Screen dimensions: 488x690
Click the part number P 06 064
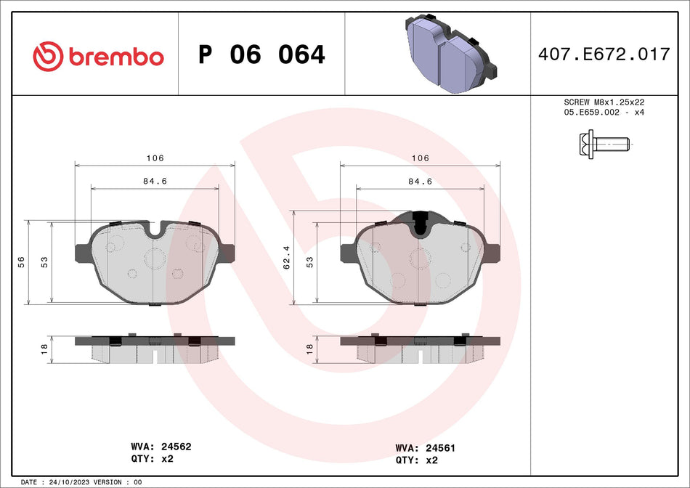261,54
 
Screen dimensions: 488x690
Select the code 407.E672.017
603,54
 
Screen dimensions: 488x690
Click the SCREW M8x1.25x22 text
604,102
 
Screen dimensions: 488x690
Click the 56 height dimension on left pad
21,261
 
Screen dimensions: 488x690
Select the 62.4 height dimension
288,257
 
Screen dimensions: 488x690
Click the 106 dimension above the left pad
155,158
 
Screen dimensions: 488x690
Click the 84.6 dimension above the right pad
421,181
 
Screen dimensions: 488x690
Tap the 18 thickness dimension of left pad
44,349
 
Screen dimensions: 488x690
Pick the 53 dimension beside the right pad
309,261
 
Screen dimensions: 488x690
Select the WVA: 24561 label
426,448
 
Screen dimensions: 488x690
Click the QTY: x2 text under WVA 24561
417,460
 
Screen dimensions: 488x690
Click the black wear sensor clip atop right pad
420,222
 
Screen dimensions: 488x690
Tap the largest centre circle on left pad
155,257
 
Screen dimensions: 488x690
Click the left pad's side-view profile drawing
155,349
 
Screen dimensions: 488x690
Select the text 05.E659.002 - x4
604,113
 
